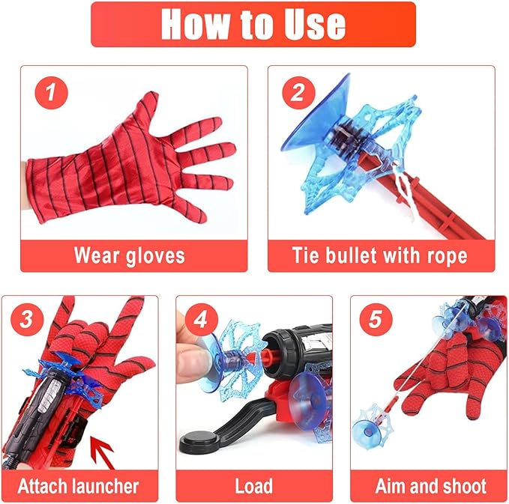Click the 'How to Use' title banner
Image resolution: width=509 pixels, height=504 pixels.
pyautogui.click(x=253, y=24)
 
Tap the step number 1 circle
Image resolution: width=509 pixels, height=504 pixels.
pyautogui.click(x=51, y=93)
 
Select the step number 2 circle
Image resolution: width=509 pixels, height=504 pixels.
pyautogui.click(x=298, y=93)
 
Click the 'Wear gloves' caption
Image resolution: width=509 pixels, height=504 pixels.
pyautogui.click(x=129, y=255)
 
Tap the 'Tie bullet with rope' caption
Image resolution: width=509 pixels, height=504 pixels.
pyautogui.click(x=380, y=255)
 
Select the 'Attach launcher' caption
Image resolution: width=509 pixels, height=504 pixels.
pyautogui.click(x=79, y=485)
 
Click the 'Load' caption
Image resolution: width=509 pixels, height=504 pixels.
pyautogui.click(x=253, y=485)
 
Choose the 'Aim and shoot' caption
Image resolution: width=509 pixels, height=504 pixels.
pyautogui.click(x=430, y=485)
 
